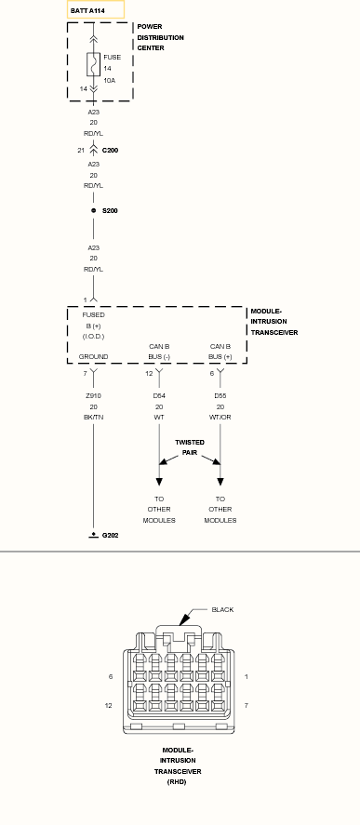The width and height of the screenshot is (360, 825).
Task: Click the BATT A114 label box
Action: pyautogui.click(x=96, y=10)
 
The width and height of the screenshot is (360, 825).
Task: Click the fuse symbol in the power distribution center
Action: pyautogui.click(x=94, y=65)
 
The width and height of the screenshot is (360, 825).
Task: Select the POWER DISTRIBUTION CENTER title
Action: pyautogui.click(x=161, y=37)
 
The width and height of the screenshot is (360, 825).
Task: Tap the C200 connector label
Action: pyautogui.click(x=110, y=151)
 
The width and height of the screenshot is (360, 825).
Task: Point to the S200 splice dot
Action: pyautogui.click(x=94, y=210)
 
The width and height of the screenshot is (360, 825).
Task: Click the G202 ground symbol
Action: pyautogui.click(x=94, y=535)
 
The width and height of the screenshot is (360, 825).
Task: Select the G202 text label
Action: pyautogui.click(x=110, y=536)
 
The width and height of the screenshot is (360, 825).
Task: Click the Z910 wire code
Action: pyautogui.click(x=94, y=395)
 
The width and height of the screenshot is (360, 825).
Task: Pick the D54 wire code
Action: pyautogui.click(x=159, y=395)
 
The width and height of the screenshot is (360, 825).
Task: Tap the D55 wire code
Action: pyautogui.click(x=220, y=395)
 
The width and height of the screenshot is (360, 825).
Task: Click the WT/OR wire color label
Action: pyautogui.click(x=220, y=418)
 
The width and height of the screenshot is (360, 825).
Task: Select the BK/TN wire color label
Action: pyautogui.click(x=94, y=418)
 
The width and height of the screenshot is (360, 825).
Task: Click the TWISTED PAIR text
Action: pyautogui.click(x=190, y=447)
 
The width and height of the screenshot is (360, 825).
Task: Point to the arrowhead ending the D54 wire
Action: pyautogui.click(x=159, y=482)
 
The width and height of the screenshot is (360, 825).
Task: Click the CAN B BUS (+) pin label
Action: pyautogui.click(x=220, y=352)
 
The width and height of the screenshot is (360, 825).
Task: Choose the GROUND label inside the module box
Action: pyautogui.click(x=94, y=357)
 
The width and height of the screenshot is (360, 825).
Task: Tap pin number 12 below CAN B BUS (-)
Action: pyautogui.click(x=149, y=374)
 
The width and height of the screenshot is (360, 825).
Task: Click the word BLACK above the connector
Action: pyautogui.click(x=222, y=610)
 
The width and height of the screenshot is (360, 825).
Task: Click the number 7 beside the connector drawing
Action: pyautogui.click(x=247, y=706)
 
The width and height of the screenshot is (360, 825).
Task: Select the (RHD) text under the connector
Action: pyautogui.click(x=178, y=782)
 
